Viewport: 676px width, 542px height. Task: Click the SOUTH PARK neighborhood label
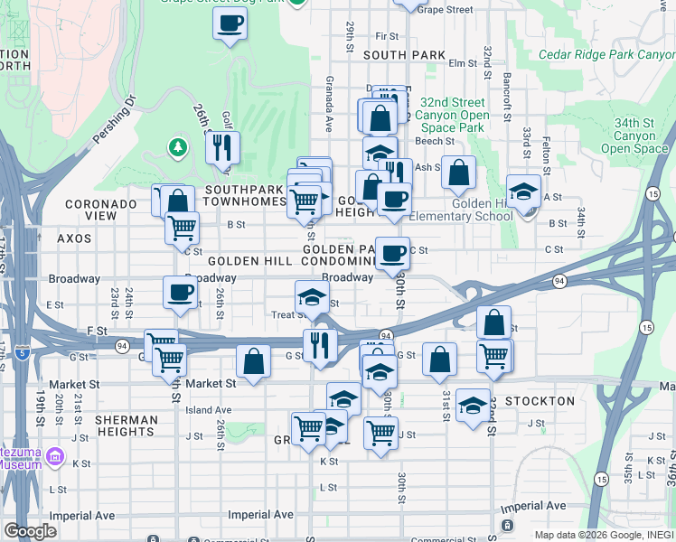(x=404, y=55)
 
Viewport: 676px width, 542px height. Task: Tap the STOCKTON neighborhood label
(x=540, y=401)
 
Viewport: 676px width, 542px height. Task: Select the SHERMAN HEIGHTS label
(x=126, y=425)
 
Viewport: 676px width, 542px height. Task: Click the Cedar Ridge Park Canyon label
(x=606, y=54)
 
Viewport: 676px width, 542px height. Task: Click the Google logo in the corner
(x=30, y=531)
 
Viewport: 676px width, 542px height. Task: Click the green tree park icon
(x=177, y=146)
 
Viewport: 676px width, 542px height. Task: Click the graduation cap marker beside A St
(x=523, y=191)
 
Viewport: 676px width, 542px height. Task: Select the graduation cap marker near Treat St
(x=312, y=297)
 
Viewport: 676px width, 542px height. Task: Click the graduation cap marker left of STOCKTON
(x=473, y=405)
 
